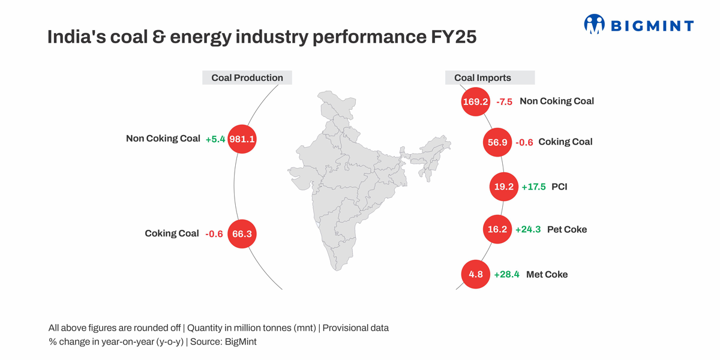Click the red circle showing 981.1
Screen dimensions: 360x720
[x=242, y=139]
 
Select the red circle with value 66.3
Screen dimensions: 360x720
[x=242, y=233]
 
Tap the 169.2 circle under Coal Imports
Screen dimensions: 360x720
[x=475, y=101]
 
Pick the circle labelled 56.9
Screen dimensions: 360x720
[x=498, y=142]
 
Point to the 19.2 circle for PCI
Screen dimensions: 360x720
[x=504, y=187]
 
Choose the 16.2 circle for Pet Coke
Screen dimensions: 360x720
[x=497, y=229]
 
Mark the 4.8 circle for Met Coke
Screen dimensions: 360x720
[x=476, y=274]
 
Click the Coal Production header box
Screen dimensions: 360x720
[x=247, y=77]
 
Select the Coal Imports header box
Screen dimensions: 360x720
[x=490, y=77]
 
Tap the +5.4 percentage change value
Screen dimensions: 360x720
[x=215, y=139]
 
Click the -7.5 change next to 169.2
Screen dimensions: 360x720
[x=504, y=102]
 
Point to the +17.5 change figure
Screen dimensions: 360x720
[x=533, y=187]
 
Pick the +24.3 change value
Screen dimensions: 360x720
[x=528, y=229]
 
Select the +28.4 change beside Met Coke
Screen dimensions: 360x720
[x=506, y=275]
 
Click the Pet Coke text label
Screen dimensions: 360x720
[x=566, y=229]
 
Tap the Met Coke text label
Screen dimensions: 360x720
[x=547, y=274]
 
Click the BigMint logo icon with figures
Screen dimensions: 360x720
[x=594, y=25]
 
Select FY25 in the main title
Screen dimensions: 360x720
[x=454, y=37]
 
